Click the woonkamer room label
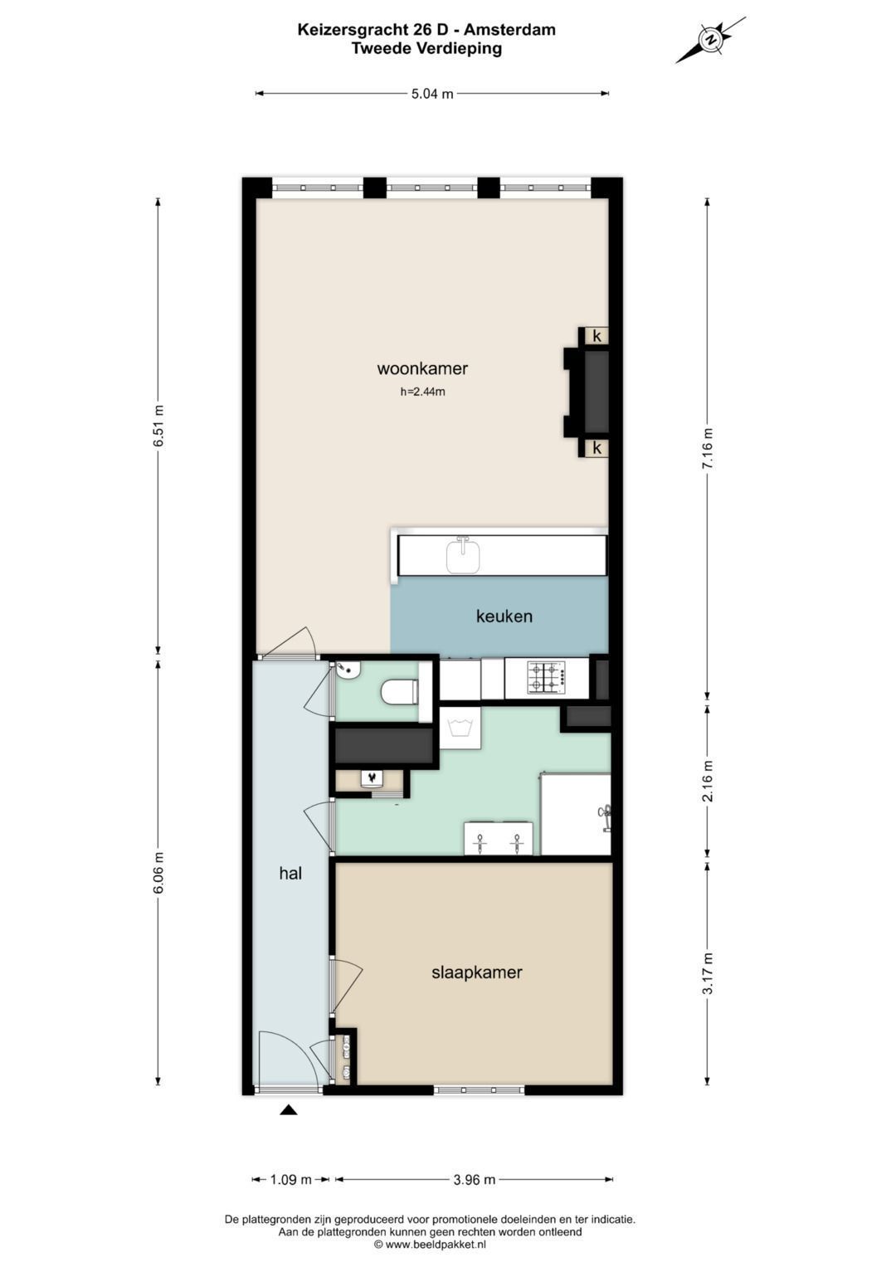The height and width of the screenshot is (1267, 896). click(422, 368)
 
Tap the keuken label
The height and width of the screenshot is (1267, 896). click(504, 616)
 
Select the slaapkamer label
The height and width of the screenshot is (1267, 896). click(476, 972)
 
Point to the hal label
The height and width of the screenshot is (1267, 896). click(290, 874)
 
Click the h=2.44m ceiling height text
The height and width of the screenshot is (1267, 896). click(422, 392)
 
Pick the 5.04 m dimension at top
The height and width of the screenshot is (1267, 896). click(432, 94)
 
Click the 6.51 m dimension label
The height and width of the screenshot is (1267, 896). click(158, 426)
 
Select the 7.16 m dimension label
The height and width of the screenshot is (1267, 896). click(708, 448)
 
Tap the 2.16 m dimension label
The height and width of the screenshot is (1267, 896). click(708, 781)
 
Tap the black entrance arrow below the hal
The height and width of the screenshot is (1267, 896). click(289, 1110)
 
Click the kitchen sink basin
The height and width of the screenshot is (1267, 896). click(463, 556)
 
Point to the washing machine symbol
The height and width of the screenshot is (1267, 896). click(460, 728)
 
